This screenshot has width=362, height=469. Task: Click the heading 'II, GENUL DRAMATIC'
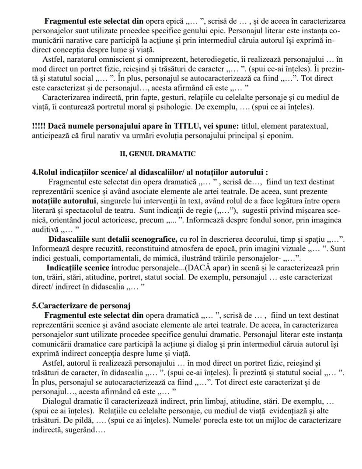click(157, 154)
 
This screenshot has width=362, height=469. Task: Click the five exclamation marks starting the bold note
click(40, 126)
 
